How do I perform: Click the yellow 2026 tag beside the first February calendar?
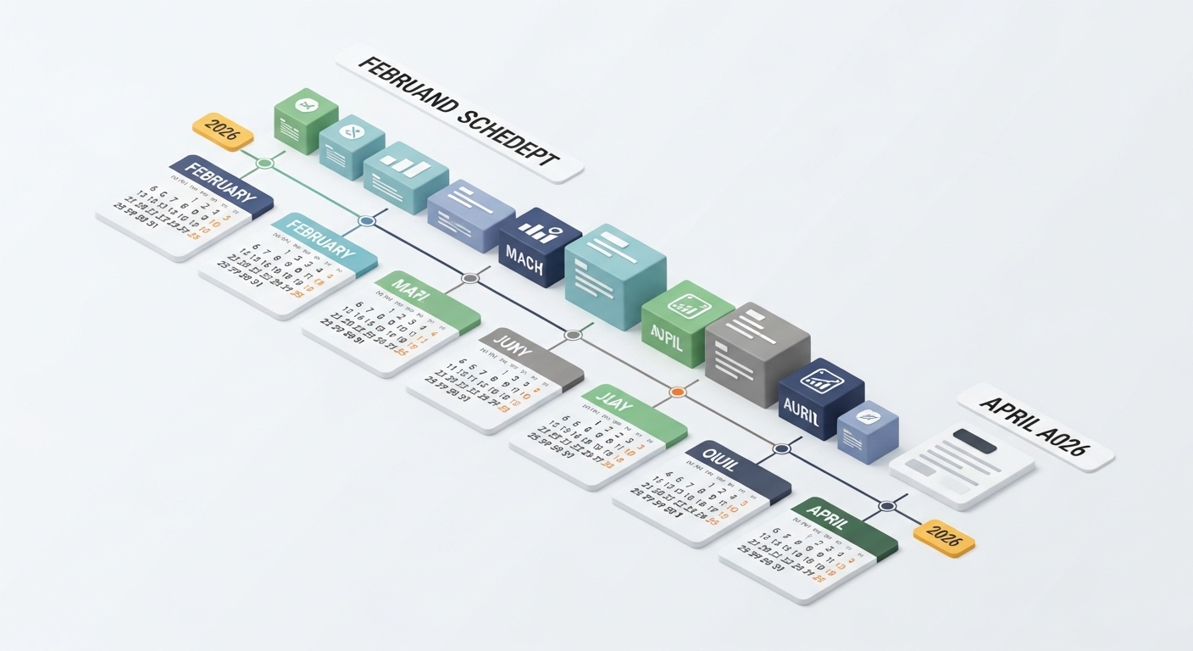[223, 131]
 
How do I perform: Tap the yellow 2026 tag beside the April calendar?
[944, 537]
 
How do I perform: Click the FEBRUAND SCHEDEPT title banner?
[459, 114]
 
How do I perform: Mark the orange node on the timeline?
[677, 392]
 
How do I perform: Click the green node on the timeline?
[265, 163]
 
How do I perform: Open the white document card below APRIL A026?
[962, 465]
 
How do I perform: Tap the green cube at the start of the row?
[306, 120]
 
